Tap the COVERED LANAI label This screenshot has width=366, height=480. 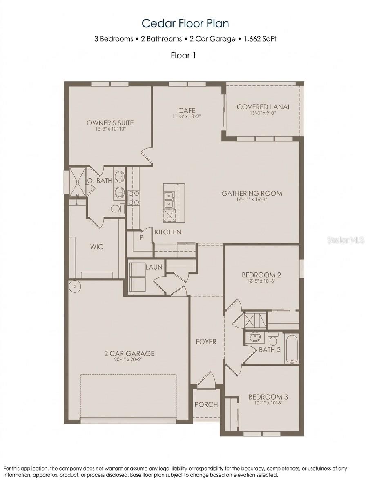pos(263,107)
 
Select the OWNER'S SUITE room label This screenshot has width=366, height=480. pos(110,123)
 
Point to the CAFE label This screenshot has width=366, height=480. pos(187,110)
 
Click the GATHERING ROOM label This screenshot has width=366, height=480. pos(252,193)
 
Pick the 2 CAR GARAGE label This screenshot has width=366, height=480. pos(129,353)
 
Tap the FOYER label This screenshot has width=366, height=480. pos(206,342)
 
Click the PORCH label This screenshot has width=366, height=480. pos(206,404)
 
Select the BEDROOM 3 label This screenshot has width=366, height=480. pos(268,397)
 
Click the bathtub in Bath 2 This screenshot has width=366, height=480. pos(291,348)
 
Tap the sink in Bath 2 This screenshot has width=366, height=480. pos(255,337)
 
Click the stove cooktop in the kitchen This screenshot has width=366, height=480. pos(134,198)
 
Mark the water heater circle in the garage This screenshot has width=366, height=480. pos(75,286)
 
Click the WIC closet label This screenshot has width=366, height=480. pos(96,247)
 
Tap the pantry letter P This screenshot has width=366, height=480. pos(141,237)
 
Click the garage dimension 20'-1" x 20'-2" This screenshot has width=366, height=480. pos(129,360)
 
